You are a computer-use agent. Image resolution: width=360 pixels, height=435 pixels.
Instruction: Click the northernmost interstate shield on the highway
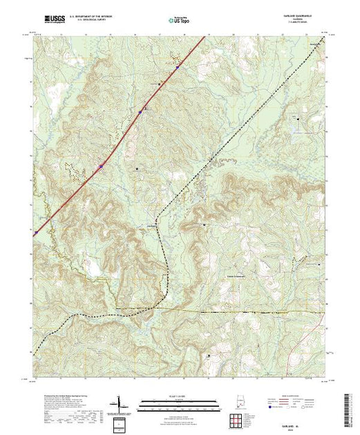tap(177, 68)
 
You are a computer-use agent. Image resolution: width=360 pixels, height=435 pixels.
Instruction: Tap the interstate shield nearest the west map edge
tap(101, 166)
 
